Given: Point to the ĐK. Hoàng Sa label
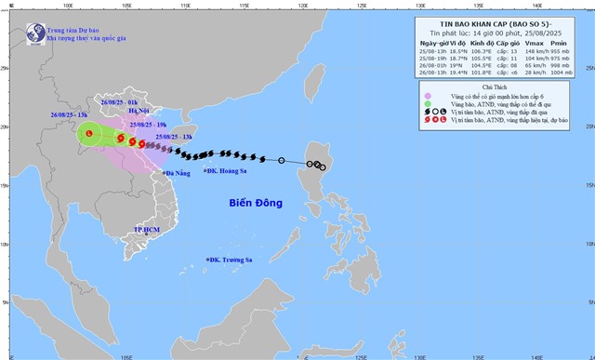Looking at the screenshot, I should (x=227, y=196).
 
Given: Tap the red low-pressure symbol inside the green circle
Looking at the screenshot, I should (x=89, y=160).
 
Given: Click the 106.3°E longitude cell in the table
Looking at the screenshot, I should (x=478, y=52).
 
